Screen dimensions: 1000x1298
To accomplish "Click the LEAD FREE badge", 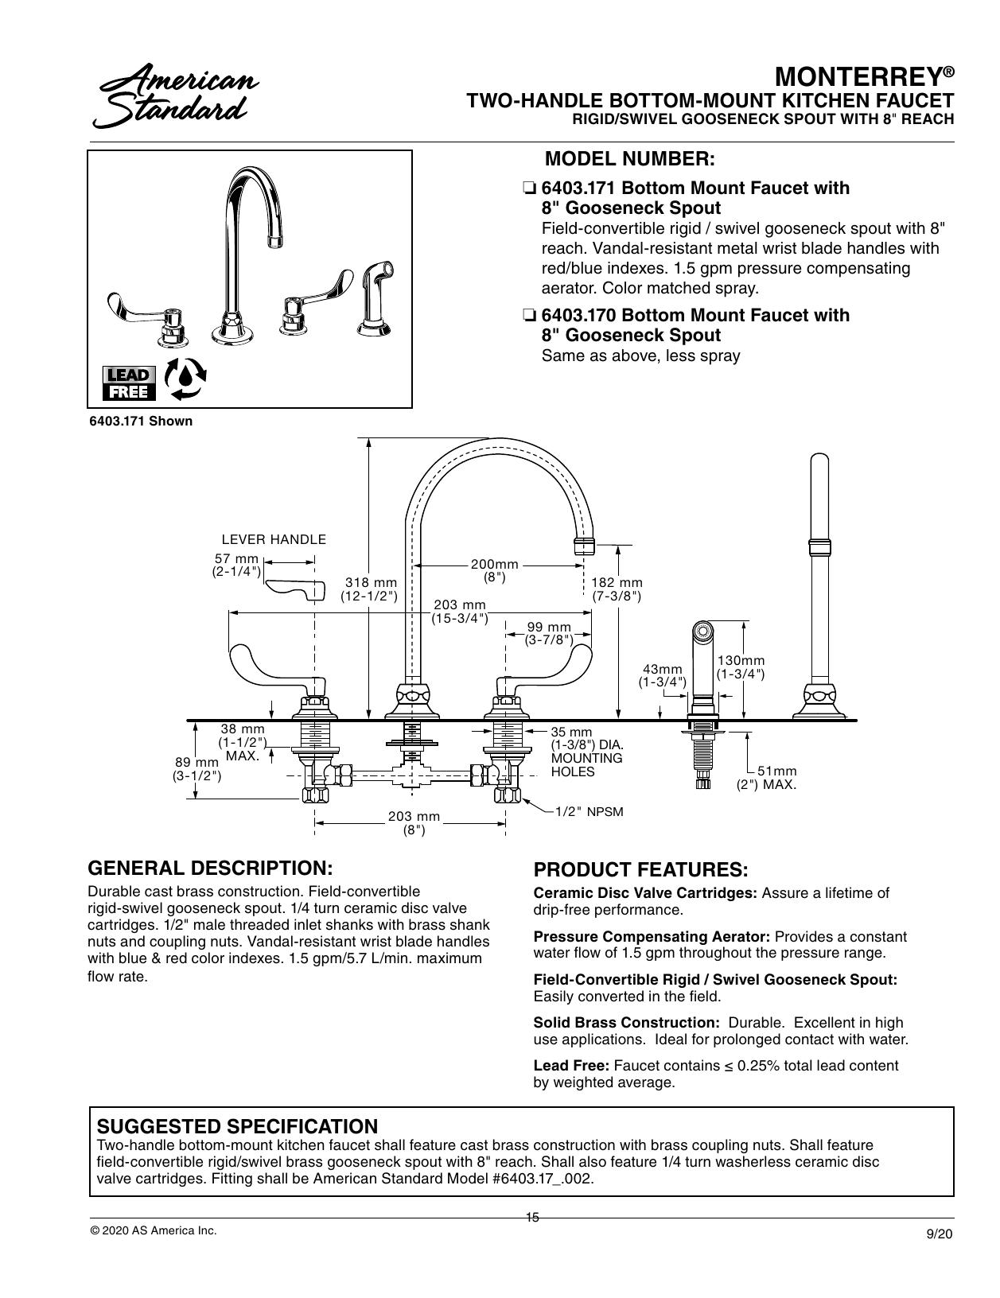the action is coord(129,383).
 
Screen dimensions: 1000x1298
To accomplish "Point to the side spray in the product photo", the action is coord(376,297).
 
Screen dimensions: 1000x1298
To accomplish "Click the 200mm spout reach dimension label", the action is coord(494,570).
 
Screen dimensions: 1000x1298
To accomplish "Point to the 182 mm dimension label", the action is coord(617,589).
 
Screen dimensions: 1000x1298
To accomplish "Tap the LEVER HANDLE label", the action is coord(274,539).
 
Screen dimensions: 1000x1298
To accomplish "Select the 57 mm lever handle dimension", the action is coord(236,565).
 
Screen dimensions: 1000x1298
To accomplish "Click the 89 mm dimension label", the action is coord(197,769).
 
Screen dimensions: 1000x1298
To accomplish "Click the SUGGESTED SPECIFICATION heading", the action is coord(237,1126).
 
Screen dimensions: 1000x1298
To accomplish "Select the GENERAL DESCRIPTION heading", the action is coord(210,868).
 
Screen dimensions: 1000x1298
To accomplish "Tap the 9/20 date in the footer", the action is coord(940,1234).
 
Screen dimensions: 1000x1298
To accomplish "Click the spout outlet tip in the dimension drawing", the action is coord(585,546).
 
